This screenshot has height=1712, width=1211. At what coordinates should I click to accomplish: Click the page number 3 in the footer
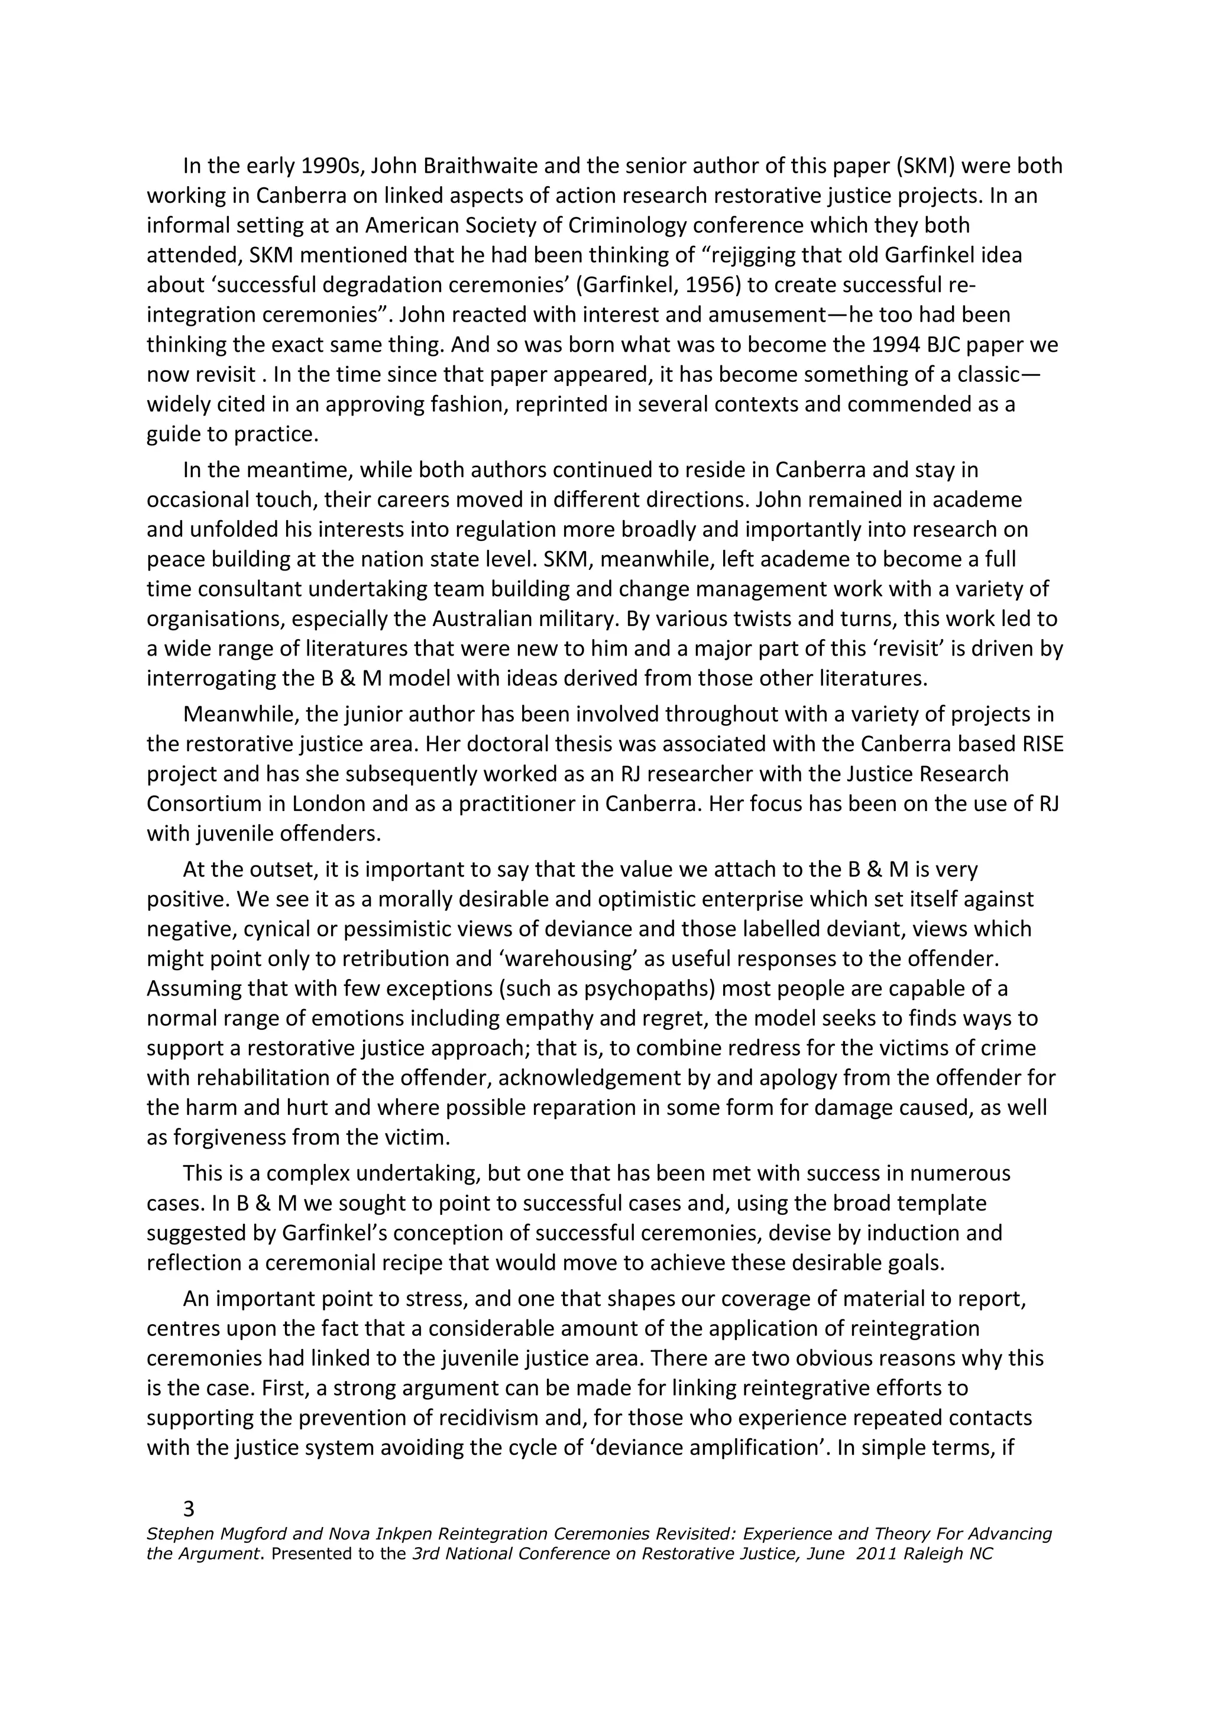pos(189,1509)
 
